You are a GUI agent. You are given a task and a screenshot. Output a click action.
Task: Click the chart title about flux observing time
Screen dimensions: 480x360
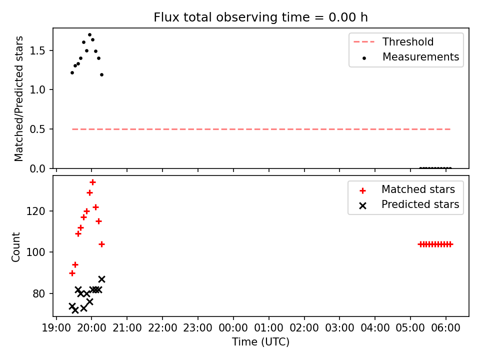[x=260, y=17]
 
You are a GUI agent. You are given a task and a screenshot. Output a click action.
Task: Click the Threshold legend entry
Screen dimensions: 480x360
[x=393, y=41]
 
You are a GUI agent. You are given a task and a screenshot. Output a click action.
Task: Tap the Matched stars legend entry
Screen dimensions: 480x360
[x=407, y=189]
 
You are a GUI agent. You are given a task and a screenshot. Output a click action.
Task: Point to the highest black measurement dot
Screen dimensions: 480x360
[x=89, y=35]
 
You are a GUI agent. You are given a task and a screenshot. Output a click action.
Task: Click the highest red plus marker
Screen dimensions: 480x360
[x=93, y=182]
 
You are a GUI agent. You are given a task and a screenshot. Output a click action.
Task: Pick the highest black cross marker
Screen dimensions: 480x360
[x=101, y=279]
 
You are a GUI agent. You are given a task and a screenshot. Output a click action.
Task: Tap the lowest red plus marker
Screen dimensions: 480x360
[x=72, y=273]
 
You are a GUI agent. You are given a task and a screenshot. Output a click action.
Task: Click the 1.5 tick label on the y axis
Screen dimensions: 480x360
[x=37, y=51]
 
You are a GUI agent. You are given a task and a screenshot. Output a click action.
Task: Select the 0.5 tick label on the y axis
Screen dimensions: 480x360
[x=37, y=129]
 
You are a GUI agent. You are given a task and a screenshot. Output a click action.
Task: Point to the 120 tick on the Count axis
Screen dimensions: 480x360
[x=35, y=211]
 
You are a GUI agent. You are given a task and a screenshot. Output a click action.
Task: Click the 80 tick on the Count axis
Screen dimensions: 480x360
[x=38, y=294]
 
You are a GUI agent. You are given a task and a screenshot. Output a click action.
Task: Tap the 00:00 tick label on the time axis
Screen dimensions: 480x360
[x=233, y=328]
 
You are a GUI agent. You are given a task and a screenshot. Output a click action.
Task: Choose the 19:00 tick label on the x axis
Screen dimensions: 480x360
[x=56, y=328]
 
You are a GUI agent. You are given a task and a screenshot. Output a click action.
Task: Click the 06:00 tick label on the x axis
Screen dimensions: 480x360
[x=445, y=328]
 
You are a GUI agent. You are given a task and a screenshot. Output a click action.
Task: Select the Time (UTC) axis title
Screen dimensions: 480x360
[x=260, y=342]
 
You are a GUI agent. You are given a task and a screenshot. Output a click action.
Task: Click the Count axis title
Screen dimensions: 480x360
[x=15, y=247]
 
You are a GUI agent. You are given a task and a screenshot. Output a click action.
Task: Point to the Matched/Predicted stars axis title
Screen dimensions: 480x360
[x=18, y=98]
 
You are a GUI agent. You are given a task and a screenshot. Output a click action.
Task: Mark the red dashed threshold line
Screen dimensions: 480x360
[x=261, y=129]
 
